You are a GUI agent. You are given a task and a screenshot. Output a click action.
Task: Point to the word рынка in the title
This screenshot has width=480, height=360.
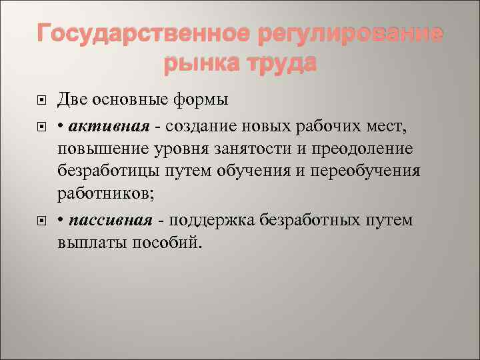pos(199,64)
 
